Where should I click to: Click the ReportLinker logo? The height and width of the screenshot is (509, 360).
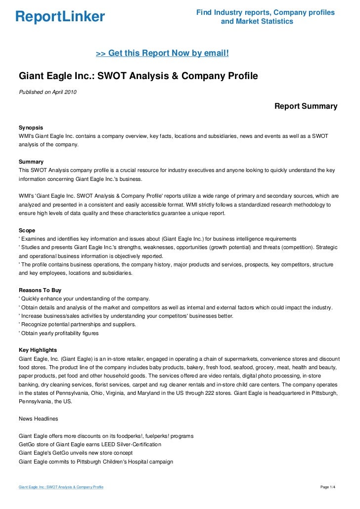pyautogui.click(x=60, y=17)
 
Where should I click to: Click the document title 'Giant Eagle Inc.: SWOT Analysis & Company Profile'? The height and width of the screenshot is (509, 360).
pyautogui.click(x=138, y=77)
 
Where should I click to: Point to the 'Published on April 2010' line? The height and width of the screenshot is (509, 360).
pyautogui.click(x=47, y=92)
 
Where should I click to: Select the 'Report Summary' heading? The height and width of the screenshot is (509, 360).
pyautogui.click(x=306, y=106)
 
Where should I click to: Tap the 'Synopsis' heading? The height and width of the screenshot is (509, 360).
pyautogui.click(x=31, y=127)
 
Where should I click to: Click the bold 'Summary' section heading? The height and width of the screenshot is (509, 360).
pyautogui.click(x=31, y=162)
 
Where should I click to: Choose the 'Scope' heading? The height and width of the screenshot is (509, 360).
pyautogui.click(x=27, y=231)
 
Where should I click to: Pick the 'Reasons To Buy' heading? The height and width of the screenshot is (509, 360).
pyautogui.click(x=40, y=291)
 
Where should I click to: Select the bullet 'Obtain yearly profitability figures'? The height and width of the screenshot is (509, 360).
pyautogui.click(x=59, y=333)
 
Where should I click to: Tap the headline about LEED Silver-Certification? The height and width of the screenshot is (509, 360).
pyautogui.click(x=90, y=445)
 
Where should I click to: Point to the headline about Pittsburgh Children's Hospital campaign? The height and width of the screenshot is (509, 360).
pyautogui.click(x=95, y=462)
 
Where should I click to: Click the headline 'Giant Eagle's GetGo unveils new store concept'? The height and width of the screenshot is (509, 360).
pyautogui.click(x=75, y=453)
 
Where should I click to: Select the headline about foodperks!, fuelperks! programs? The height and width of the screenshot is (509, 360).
pyautogui.click(x=106, y=436)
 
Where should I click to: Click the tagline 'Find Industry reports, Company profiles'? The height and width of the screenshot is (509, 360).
pyautogui.click(x=265, y=12)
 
